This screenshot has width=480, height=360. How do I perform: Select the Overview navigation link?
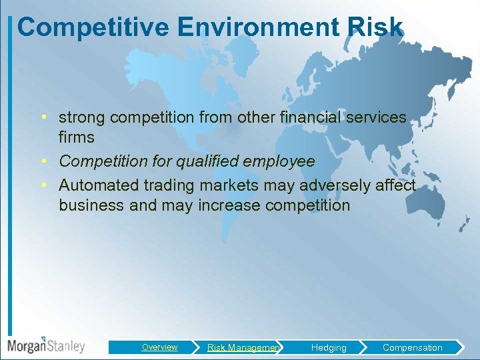[x=159, y=347]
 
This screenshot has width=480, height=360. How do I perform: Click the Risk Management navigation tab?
[x=243, y=347]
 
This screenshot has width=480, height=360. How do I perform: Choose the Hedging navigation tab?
[x=329, y=347]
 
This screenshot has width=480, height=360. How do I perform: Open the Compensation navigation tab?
[x=412, y=347]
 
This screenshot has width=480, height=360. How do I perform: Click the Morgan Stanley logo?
[x=45, y=345]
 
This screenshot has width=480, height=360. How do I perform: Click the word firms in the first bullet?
[x=77, y=138]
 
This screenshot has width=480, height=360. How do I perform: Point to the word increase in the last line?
[x=229, y=205]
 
